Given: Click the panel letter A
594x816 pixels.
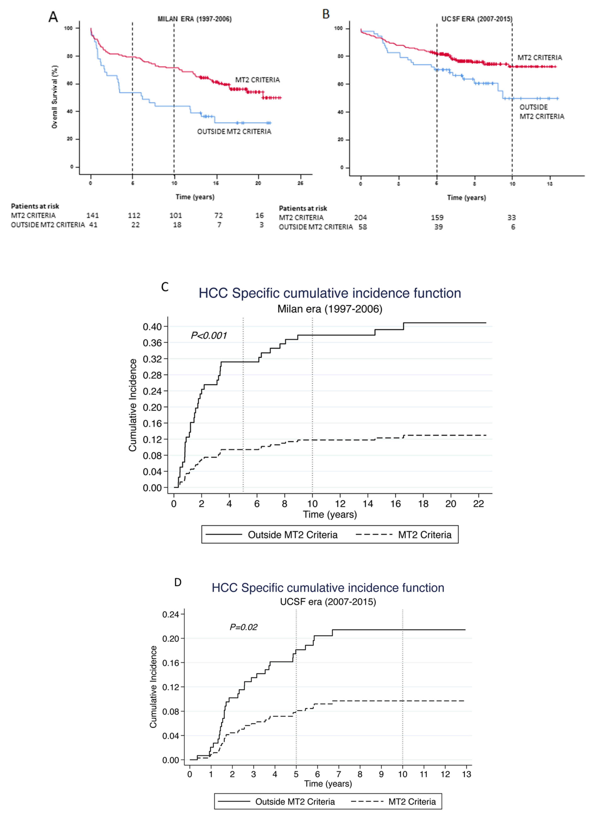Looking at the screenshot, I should tap(53, 17).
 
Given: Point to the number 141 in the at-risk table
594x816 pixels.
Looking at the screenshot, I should tap(92, 215).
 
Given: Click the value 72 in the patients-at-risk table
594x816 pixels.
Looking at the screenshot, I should tap(218, 215).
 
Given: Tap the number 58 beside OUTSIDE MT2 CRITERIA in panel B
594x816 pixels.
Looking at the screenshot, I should tap(363, 227).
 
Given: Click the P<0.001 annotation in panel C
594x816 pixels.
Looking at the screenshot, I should tap(209, 336).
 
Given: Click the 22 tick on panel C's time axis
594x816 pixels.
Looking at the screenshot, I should tap(479, 504).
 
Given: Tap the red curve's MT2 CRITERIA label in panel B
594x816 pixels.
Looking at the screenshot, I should tap(540, 58).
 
